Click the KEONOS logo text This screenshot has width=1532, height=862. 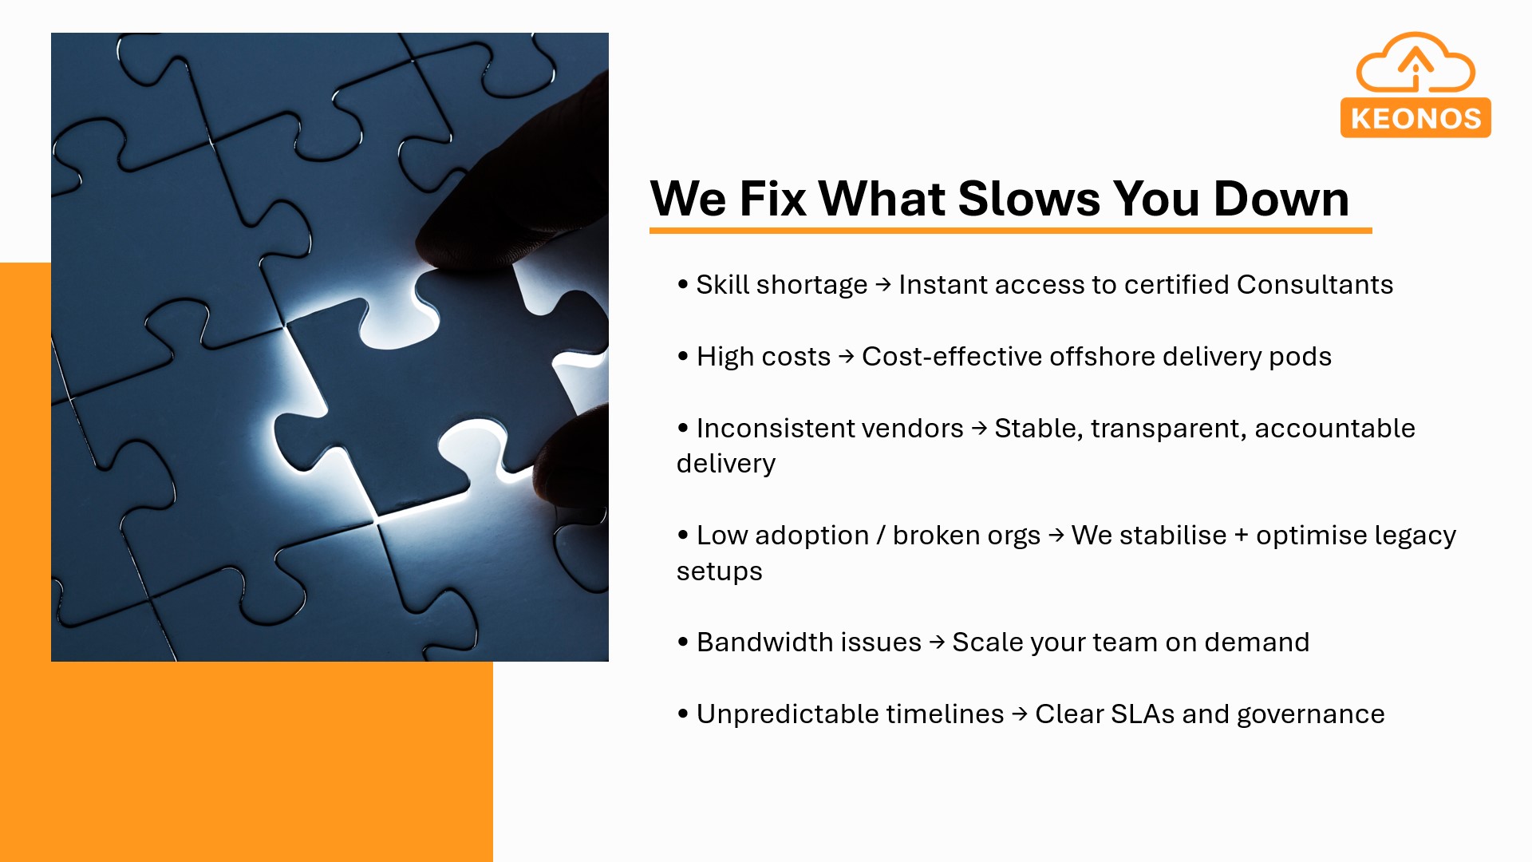(1416, 119)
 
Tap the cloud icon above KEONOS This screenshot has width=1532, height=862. (1416, 62)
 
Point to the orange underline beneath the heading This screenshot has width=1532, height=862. (1010, 231)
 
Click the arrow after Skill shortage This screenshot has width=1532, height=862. (883, 284)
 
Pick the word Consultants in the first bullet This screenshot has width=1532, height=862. (1315, 284)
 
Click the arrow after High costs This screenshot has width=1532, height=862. (847, 356)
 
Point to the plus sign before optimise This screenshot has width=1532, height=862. (1241, 536)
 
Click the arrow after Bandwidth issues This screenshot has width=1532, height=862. (938, 642)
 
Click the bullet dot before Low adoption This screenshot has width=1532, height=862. (683, 535)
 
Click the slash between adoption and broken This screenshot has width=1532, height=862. (881, 536)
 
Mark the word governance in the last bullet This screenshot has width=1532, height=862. (1311, 715)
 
